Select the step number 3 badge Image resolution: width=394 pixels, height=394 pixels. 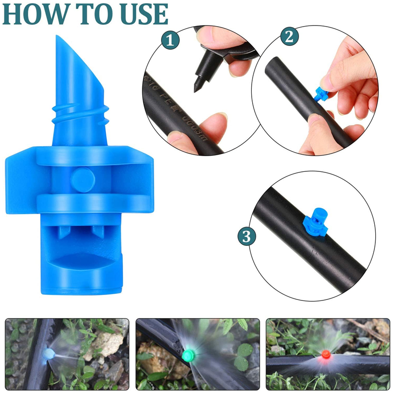click(247, 237)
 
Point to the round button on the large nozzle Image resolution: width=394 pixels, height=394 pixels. click(82, 178)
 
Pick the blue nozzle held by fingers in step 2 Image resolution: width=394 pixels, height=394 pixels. click(322, 94)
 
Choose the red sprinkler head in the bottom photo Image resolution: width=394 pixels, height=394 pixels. click(325, 354)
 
